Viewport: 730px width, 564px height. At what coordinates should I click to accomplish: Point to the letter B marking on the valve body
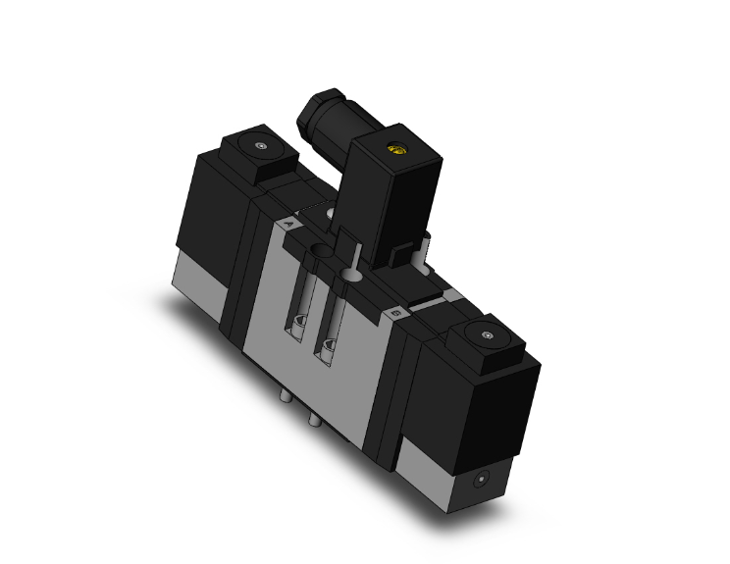tap(394, 312)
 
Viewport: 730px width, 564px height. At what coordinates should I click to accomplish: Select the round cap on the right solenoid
tap(487, 337)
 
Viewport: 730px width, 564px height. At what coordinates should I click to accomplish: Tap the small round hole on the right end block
tap(480, 482)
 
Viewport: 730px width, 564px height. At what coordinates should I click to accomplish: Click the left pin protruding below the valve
tap(285, 397)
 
